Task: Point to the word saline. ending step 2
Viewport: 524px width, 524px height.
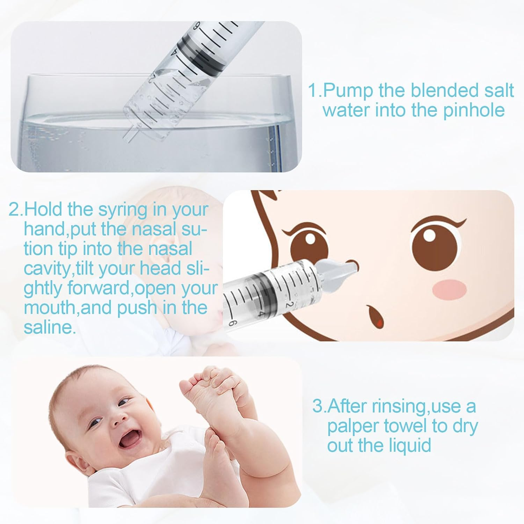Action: click(50, 327)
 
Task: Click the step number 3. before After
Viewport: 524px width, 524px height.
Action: click(319, 407)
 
